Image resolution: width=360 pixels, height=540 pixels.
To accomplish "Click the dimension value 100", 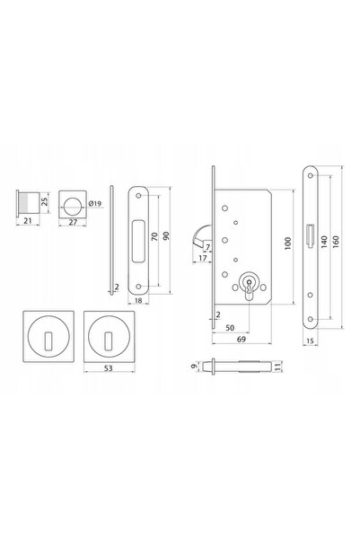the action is (288, 243).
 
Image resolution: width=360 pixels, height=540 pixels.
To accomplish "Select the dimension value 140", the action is (324, 242).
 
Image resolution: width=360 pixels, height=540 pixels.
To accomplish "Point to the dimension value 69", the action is (241, 340).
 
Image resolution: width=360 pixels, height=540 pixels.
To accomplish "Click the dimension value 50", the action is (230, 328).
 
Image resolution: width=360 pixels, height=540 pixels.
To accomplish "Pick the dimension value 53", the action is (109, 368).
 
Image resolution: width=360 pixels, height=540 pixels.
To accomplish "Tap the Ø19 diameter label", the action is (95, 204).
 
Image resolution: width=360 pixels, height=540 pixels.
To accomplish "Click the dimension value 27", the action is (73, 223).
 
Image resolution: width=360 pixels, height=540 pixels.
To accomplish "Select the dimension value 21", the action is (28, 221).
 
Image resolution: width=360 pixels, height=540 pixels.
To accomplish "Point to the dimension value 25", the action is (44, 201).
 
